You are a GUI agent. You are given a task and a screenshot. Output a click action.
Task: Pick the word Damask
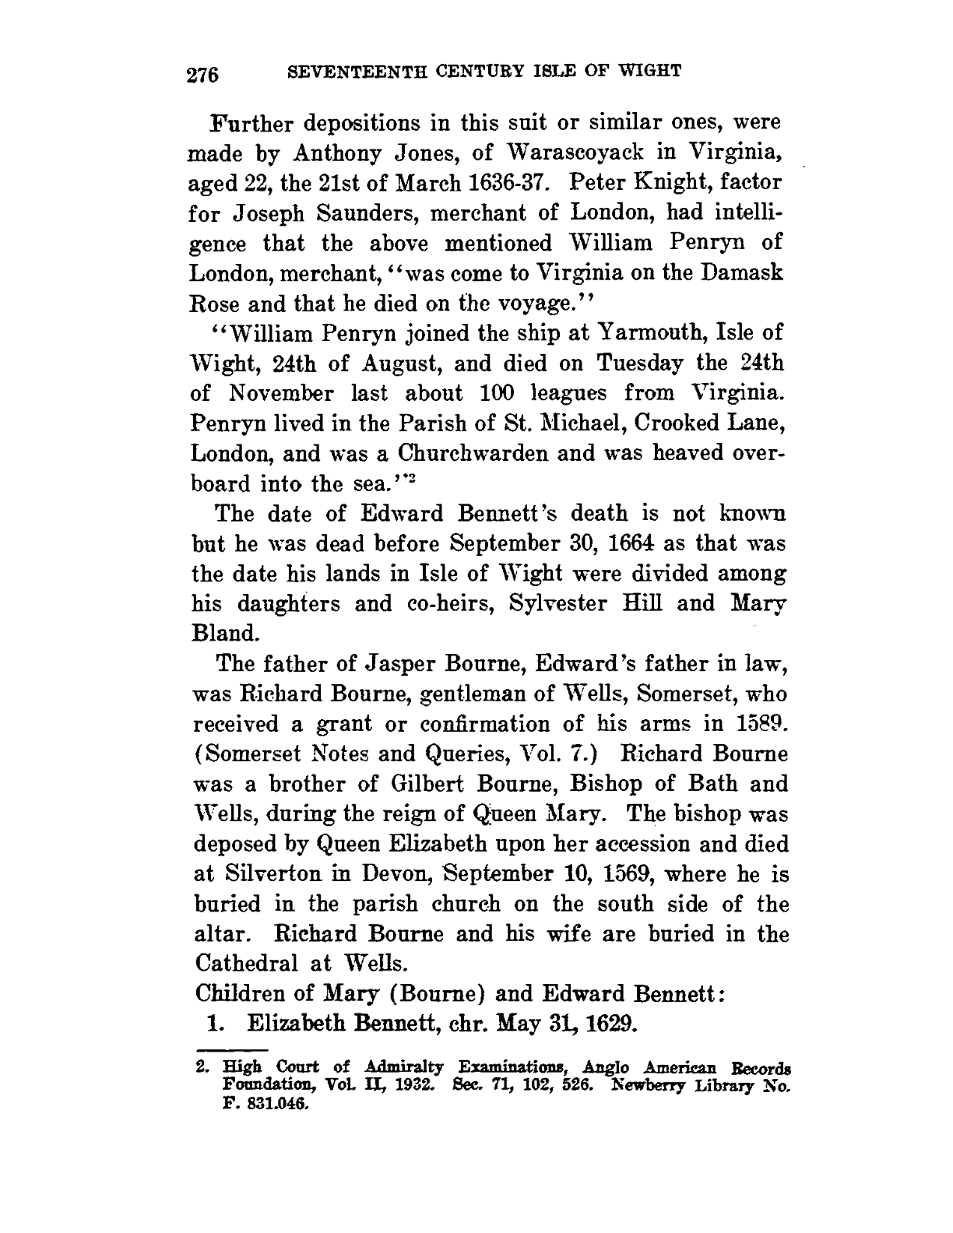point(741,273)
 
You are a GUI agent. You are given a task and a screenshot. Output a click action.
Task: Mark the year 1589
point(752,724)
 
